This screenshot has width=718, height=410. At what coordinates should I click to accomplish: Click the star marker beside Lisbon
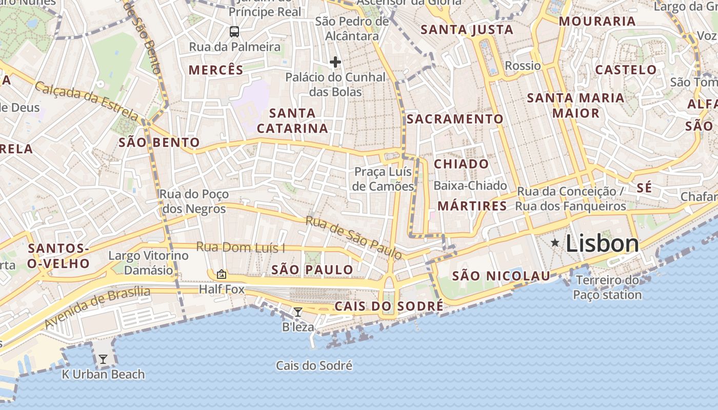[x=555, y=243]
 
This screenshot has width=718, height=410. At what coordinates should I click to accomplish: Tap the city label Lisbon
[x=603, y=243]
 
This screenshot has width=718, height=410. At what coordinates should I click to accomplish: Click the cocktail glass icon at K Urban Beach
[x=103, y=359]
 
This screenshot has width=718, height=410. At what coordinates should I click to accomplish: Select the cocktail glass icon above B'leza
[x=297, y=312]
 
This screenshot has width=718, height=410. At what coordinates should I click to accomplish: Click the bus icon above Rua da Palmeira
[x=234, y=32]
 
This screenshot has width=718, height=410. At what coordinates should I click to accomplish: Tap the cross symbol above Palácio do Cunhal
[x=335, y=62]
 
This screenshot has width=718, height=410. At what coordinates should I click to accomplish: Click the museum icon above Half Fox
[x=222, y=274]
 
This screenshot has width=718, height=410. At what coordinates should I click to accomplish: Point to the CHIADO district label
[x=462, y=164]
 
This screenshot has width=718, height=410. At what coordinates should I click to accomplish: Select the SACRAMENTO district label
[x=455, y=119]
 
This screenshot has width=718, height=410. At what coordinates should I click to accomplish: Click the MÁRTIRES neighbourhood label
[x=472, y=206]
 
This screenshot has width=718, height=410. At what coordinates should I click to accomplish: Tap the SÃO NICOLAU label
[x=501, y=276]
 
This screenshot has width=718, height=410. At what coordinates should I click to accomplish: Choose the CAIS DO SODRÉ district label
[x=389, y=306]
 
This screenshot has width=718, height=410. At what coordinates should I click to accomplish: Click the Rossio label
[x=523, y=66]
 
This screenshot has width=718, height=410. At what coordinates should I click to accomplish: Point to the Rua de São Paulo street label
[x=354, y=238]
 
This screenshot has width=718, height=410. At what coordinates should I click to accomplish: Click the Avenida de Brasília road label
[x=97, y=307]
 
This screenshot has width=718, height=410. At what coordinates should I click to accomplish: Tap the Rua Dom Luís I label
[x=241, y=248]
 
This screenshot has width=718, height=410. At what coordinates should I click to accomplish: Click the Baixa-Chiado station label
[x=470, y=186]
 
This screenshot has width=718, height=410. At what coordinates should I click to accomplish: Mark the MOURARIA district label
[x=597, y=22]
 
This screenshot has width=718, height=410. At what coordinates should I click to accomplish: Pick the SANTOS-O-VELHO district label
[x=58, y=256]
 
